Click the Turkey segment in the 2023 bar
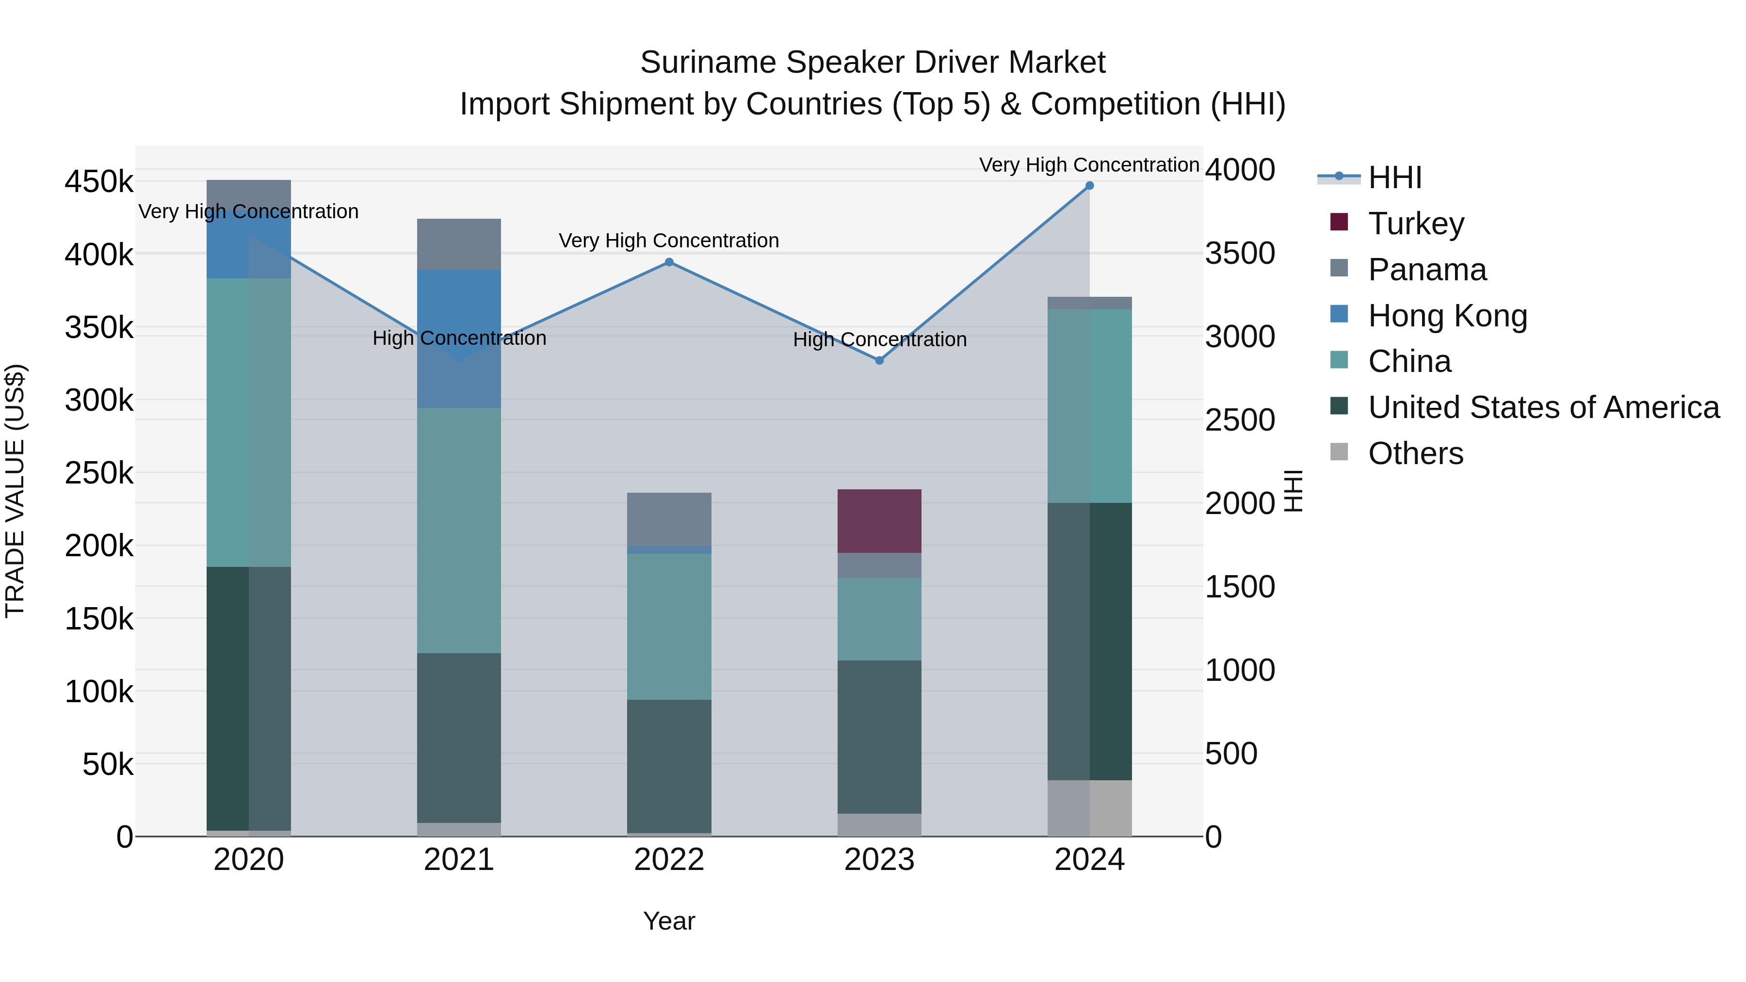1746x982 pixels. click(x=879, y=520)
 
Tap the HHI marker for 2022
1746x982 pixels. click(x=669, y=262)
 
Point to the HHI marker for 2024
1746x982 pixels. click(x=1089, y=186)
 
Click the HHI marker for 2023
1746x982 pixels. click(x=879, y=360)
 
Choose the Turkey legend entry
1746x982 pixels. click(x=1416, y=224)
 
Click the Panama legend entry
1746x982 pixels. click(x=1427, y=270)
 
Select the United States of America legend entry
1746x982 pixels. click(x=1543, y=407)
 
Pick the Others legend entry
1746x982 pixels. click(x=1415, y=453)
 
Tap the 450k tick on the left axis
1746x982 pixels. click(x=99, y=182)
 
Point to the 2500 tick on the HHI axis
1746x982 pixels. click(x=1240, y=420)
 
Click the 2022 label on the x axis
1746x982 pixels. click(x=669, y=860)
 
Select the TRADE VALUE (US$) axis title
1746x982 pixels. click(x=15, y=491)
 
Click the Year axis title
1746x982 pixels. click(x=669, y=921)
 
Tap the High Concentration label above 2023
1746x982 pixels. click(x=879, y=339)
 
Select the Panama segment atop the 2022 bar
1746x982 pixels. click(x=669, y=518)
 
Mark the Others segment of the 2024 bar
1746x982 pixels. click(x=1089, y=808)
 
